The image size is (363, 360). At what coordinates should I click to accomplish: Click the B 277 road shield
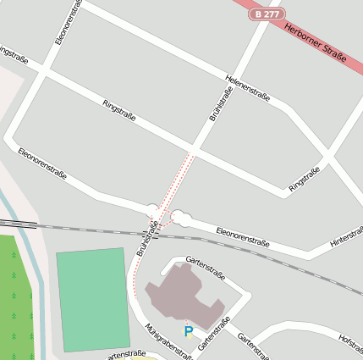click(x=267, y=14)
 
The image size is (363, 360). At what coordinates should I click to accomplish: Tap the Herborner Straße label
click(x=316, y=42)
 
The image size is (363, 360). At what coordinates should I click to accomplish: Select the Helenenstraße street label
click(x=247, y=88)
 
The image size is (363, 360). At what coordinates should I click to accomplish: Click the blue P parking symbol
click(x=189, y=331)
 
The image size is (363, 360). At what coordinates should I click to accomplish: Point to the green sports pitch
click(x=93, y=298)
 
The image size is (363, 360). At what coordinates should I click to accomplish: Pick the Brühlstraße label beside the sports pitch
click(x=146, y=239)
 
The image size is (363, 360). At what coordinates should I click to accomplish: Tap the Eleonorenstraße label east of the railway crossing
click(x=242, y=236)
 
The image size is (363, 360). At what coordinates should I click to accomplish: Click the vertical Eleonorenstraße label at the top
click(x=67, y=22)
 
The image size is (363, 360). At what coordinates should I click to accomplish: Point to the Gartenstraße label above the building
click(x=206, y=269)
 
